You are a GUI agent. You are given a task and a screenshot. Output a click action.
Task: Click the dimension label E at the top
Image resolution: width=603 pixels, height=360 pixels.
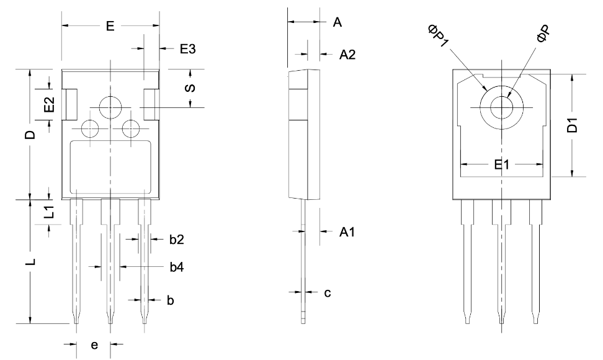tap(110, 26)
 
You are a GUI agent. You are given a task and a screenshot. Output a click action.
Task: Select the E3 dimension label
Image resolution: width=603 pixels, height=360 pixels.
tap(187, 49)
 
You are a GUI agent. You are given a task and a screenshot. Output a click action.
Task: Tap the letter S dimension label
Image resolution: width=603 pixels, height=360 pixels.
tap(191, 88)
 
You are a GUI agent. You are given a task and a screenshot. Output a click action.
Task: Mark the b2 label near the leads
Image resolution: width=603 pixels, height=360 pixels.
tap(176, 239)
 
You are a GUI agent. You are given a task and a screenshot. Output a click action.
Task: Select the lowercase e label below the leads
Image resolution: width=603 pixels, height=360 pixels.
tap(94, 345)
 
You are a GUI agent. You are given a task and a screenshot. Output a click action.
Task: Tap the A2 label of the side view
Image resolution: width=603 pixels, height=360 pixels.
tap(347, 55)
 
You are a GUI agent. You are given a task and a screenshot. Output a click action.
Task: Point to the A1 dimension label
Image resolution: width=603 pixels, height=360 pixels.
tap(347, 232)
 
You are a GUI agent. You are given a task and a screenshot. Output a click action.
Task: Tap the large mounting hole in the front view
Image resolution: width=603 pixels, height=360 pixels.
tap(110, 107)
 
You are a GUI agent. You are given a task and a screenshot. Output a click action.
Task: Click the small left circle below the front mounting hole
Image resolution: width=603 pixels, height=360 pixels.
tap(90, 129)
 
